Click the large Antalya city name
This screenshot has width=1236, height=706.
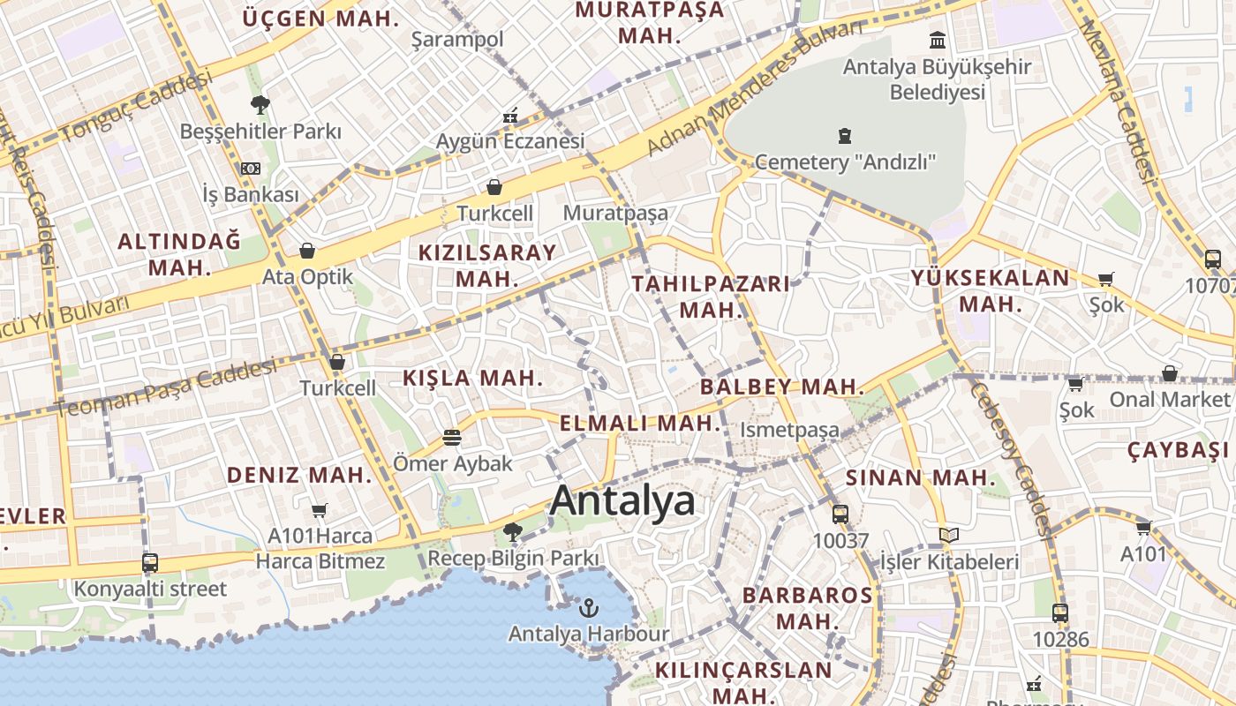[x=622, y=501]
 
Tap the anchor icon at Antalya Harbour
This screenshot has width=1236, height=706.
[x=588, y=607]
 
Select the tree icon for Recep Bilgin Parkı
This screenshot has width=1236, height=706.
[x=512, y=531]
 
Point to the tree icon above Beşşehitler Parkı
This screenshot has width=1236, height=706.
[x=260, y=105]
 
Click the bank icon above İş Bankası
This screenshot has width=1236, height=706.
[x=251, y=168]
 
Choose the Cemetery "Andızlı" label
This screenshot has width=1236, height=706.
[x=845, y=161]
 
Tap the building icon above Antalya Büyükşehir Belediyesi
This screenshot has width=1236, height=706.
[x=938, y=40]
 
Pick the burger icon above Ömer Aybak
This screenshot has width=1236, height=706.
[x=452, y=437]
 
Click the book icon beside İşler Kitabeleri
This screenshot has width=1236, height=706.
[x=949, y=535]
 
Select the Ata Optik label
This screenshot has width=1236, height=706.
[x=307, y=276]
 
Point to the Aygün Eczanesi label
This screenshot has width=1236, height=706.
[x=510, y=141]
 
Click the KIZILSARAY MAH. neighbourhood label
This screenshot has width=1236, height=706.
[x=487, y=265]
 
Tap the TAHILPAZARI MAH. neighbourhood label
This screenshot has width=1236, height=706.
[x=711, y=297]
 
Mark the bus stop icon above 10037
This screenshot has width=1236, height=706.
[x=840, y=514]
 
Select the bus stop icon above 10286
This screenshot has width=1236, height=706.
[x=1060, y=612]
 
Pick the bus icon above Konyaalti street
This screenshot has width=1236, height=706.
[x=150, y=562]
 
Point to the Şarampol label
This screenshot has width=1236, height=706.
[x=457, y=39]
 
